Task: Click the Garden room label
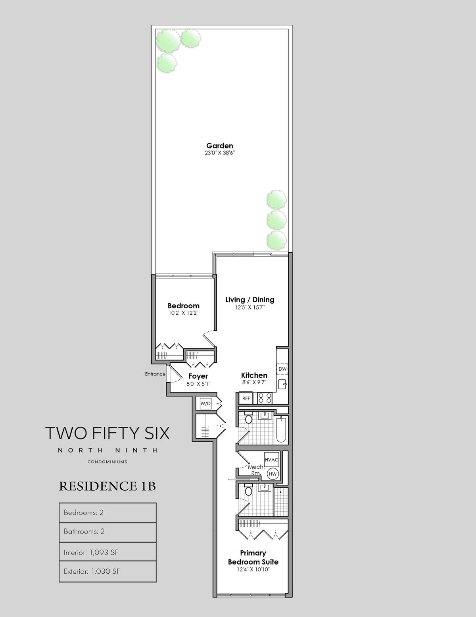[219, 146]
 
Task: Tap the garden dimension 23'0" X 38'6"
[220, 153]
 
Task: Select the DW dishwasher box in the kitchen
[282, 369]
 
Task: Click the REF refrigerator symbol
[246, 398]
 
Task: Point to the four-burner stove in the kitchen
[265, 398]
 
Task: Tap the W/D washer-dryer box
[205, 404]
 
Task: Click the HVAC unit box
[271, 459]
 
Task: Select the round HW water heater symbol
[273, 474]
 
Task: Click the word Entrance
[155, 374]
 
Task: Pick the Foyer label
[198, 376]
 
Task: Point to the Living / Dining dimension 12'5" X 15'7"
[250, 307]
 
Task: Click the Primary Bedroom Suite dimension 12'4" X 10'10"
[253, 570]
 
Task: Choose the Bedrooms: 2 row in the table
[107, 513]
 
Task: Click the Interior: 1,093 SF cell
[107, 552]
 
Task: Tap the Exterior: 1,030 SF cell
[107, 571]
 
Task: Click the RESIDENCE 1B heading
[107, 486]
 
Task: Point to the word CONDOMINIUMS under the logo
[107, 462]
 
